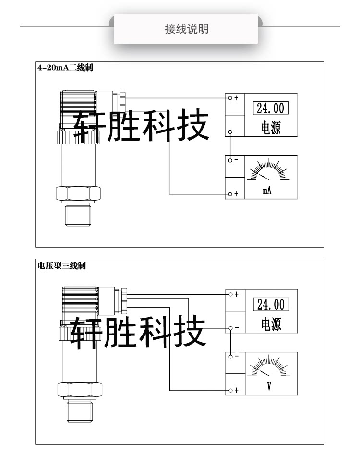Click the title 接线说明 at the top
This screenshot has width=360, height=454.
point(187,29)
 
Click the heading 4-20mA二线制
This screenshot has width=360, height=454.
point(65,68)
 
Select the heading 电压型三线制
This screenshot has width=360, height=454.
point(62,265)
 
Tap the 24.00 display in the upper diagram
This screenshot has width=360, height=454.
point(270,108)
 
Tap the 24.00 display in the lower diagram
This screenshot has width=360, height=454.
point(271,304)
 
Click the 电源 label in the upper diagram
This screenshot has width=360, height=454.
point(270,128)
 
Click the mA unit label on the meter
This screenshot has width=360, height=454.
point(267,191)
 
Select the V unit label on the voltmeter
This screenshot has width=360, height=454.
point(269,386)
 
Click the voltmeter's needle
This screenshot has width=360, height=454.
point(264,373)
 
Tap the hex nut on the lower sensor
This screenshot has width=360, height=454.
point(79,390)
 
